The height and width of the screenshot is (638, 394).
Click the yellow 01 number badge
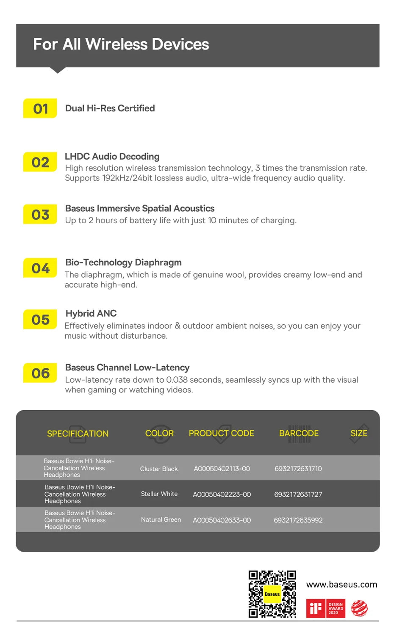coord(40,108)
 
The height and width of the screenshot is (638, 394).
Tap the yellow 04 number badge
coord(40,268)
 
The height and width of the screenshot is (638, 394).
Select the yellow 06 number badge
coord(40,373)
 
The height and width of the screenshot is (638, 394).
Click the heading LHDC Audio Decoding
coord(112,157)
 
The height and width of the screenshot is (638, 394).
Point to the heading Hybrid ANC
coord(91,314)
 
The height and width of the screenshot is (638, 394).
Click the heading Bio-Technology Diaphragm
coord(123,262)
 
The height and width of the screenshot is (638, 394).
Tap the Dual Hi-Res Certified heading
coord(110,108)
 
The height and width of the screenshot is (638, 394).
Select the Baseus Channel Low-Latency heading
coord(127,367)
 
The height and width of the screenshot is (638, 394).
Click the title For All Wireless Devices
coord(121,44)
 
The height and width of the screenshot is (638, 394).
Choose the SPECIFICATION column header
coord(78,434)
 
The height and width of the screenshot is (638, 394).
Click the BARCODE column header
coord(299,433)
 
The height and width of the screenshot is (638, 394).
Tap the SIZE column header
coord(359,433)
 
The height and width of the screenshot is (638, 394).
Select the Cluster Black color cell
coord(159,469)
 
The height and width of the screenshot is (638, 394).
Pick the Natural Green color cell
coord(161,520)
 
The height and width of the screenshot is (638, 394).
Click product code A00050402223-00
coord(222,494)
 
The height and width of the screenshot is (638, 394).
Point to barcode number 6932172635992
coord(298,520)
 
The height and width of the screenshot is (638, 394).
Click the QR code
coord(272,594)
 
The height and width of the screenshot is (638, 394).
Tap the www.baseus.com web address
coord(341,585)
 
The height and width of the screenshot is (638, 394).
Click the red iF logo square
coord(315,609)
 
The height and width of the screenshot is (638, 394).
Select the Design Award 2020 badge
coord(336,609)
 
